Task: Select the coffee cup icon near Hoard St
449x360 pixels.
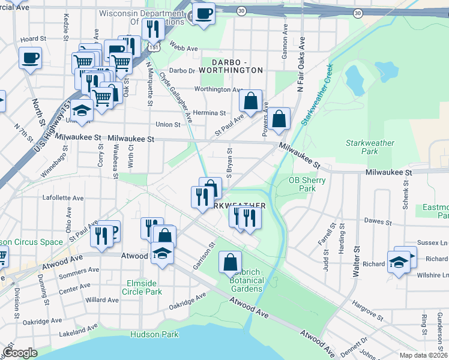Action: pos(29,58)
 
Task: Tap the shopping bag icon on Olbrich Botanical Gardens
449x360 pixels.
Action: pos(230,262)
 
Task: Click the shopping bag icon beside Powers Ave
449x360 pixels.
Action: pos(279,118)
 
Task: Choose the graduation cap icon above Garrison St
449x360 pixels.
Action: pos(162,253)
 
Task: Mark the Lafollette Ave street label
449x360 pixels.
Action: pos(63,197)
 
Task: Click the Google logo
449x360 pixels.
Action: pos(20,353)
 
